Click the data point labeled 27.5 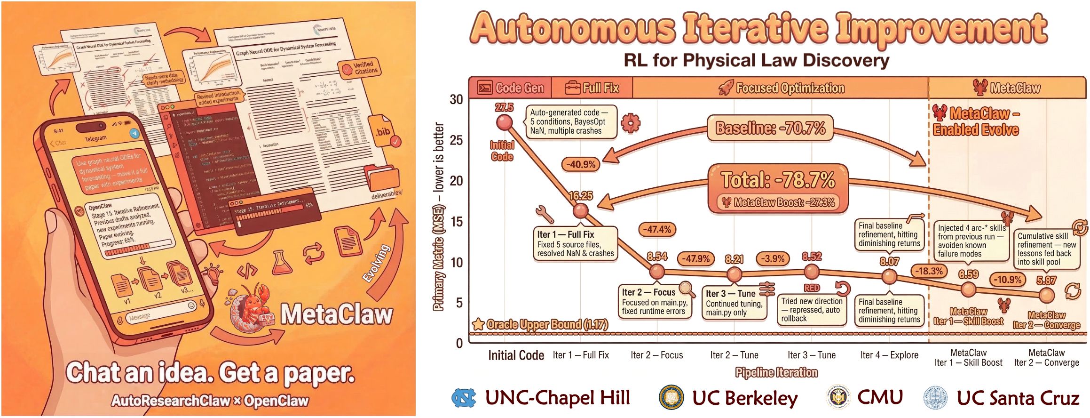505,122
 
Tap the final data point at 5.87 1046,295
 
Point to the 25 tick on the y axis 456,140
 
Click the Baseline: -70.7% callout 770,128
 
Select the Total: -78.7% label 778,180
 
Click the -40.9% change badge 581,164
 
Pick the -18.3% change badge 929,271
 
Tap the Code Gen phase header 511,88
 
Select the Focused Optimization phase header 782,88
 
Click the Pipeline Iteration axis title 776,372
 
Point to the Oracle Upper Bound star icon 478,324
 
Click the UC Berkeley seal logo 671,398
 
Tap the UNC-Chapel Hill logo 464,398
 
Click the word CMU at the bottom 880,397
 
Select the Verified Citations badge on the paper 360,68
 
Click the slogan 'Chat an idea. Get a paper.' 210,373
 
